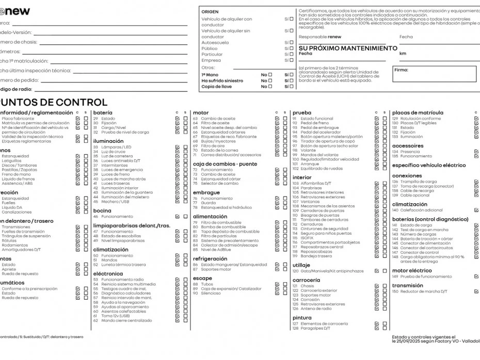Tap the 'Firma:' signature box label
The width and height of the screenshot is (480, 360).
[401, 70]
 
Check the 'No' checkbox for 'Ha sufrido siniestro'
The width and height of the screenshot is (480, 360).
[269, 80]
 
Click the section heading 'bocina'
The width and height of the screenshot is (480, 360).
[102, 210]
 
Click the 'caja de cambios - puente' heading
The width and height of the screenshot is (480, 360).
[225, 163]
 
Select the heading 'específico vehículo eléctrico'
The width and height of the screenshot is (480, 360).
[428, 166]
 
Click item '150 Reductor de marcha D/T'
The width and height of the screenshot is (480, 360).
[420, 291]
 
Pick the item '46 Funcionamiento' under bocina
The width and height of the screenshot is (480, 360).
[109, 217]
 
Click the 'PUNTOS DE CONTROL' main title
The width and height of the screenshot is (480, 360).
[54, 102]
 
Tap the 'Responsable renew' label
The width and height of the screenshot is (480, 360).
[320, 37]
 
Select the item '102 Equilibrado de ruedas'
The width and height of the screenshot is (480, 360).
[317, 169]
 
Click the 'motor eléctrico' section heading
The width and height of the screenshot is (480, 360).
[412, 270]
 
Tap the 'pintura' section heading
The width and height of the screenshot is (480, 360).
[302, 318]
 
